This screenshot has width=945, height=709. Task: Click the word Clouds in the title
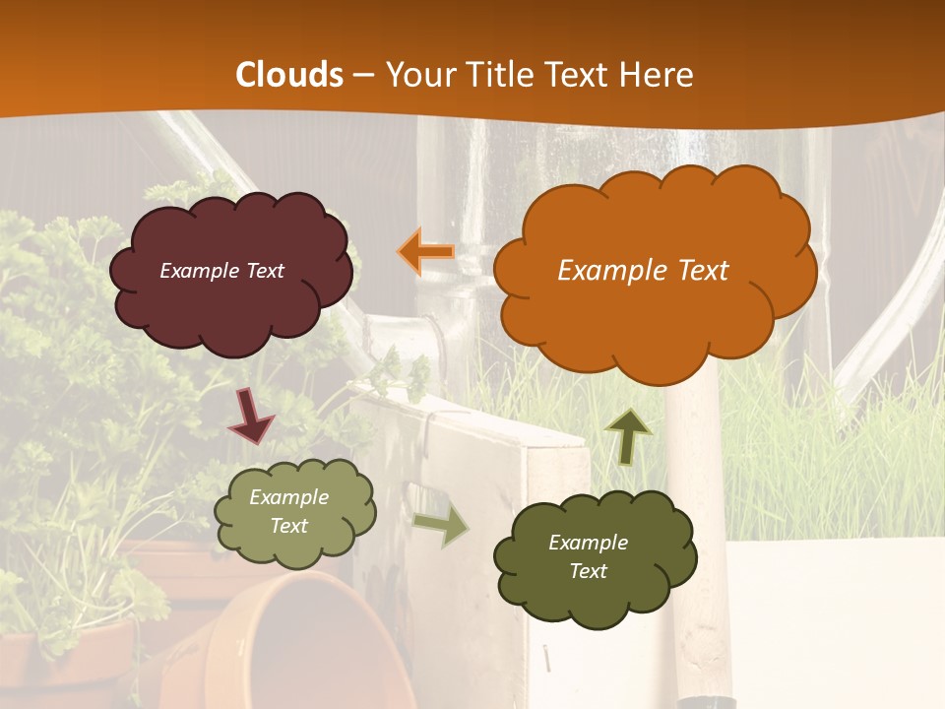[x=289, y=75]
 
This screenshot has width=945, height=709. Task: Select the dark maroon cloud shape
[x=230, y=295]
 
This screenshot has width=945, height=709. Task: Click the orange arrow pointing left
[x=426, y=252]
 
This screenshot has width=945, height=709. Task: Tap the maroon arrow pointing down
[x=251, y=416]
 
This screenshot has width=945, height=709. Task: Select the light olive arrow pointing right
[x=440, y=526]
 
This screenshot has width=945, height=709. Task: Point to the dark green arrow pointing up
[x=628, y=435]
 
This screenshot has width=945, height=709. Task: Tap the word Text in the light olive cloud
[x=289, y=526]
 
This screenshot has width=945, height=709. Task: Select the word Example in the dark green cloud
[x=588, y=543]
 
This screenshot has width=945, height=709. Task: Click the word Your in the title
[x=415, y=75]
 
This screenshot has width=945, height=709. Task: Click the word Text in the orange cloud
[x=701, y=271]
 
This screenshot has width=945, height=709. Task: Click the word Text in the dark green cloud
[x=588, y=571]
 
